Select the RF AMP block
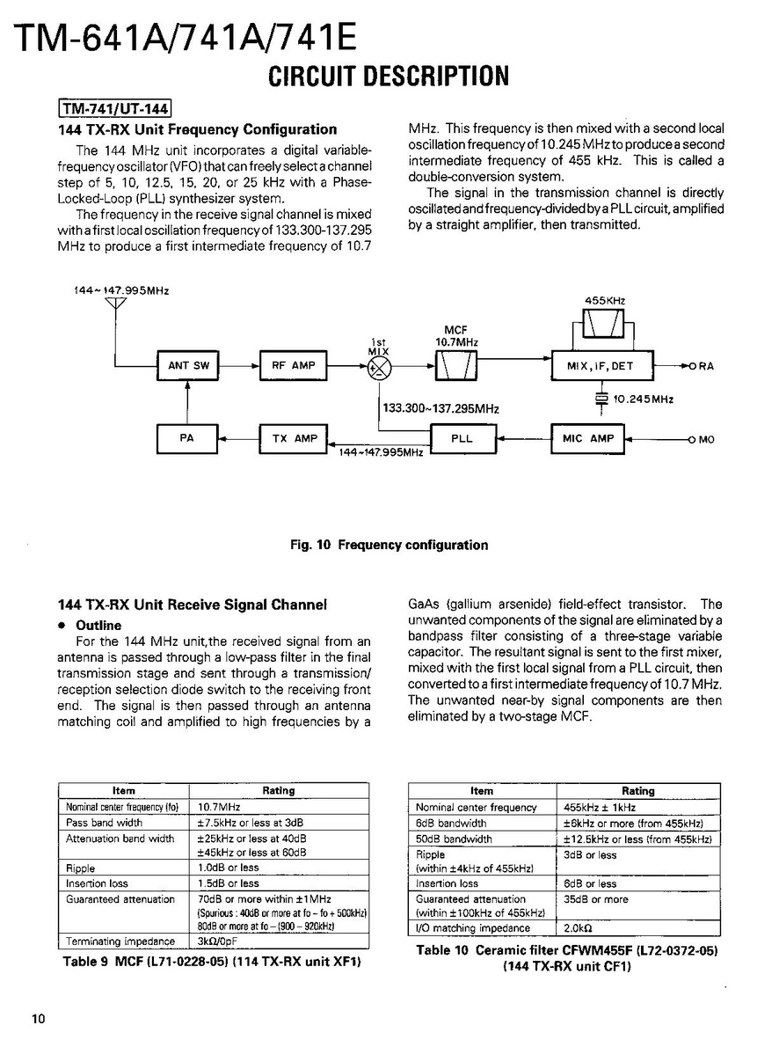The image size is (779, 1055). (293, 365)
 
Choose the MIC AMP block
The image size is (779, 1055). (587, 438)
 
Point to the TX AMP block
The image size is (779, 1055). (293, 438)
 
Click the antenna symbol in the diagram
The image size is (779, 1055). (115, 306)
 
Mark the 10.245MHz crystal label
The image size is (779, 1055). (644, 399)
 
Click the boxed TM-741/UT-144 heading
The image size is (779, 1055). (114, 109)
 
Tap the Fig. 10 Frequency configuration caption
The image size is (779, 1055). (389, 546)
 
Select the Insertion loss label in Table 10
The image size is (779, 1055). (448, 883)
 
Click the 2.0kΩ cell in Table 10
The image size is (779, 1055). (577, 927)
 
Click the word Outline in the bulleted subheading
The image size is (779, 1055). (99, 626)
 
